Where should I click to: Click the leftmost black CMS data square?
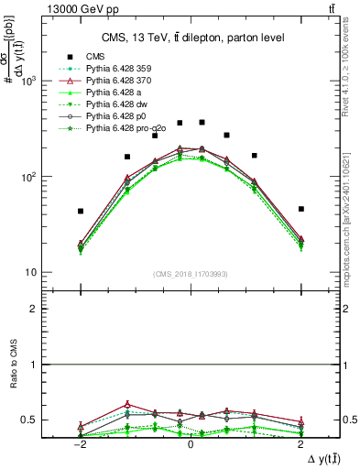click(81, 211)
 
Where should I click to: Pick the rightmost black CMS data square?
click(300, 209)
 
